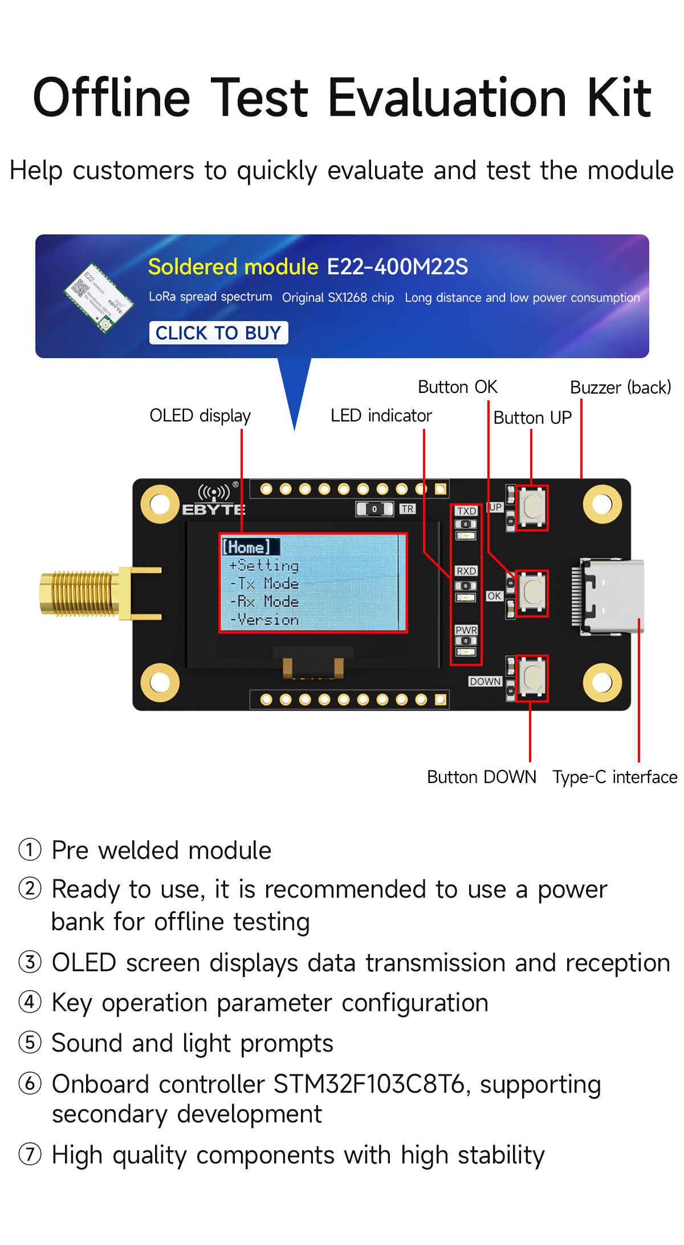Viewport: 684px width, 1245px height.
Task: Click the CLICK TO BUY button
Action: (x=218, y=332)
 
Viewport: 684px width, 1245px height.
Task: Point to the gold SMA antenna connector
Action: (x=80, y=593)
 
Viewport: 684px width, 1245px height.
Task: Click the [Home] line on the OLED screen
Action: (x=247, y=547)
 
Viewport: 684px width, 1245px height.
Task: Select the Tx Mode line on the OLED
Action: (x=265, y=583)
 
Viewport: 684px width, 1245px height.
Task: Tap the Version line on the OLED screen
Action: (x=265, y=620)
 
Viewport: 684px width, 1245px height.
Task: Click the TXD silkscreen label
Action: (x=466, y=511)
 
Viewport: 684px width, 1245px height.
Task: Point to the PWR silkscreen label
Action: (x=466, y=630)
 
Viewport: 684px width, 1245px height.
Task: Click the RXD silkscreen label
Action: (x=466, y=571)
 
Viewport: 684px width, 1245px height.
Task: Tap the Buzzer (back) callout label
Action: (x=621, y=388)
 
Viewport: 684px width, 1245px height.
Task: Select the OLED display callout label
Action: (x=200, y=416)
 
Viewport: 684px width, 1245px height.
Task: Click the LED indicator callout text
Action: (x=381, y=416)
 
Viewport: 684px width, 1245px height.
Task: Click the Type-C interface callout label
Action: (x=615, y=777)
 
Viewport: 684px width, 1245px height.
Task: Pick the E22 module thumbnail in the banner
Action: (x=99, y=298)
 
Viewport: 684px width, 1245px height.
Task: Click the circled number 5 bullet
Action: (x=30, y=1043)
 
